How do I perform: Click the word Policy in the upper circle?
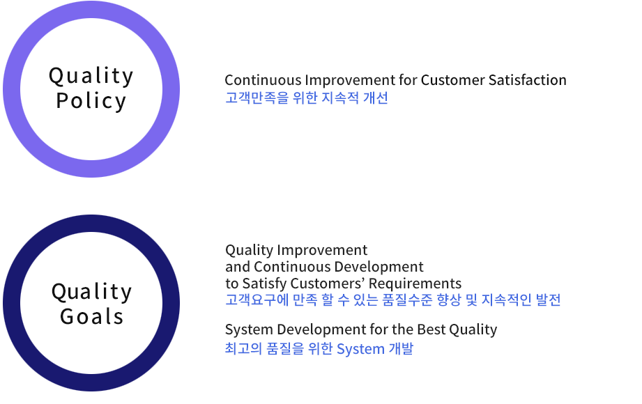91,101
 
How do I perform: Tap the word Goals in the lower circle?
92,316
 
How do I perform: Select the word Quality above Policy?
91,76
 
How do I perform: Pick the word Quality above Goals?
92,292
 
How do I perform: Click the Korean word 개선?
376,98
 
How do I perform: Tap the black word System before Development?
249,329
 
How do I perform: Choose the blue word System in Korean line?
360,349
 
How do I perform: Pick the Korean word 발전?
548,300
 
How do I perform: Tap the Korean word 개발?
401,348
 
